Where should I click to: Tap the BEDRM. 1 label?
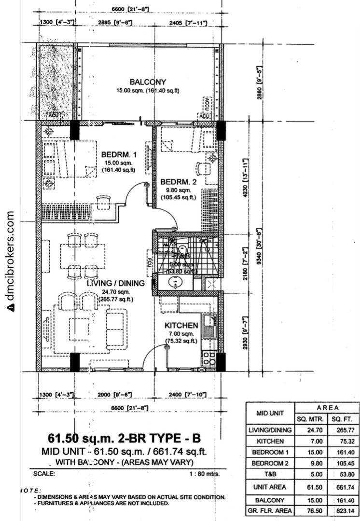pos(118,155)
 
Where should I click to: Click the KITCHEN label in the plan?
pos(181,325)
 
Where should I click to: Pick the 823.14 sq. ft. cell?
pos(343,511)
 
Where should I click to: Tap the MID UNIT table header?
pos(270,413)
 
